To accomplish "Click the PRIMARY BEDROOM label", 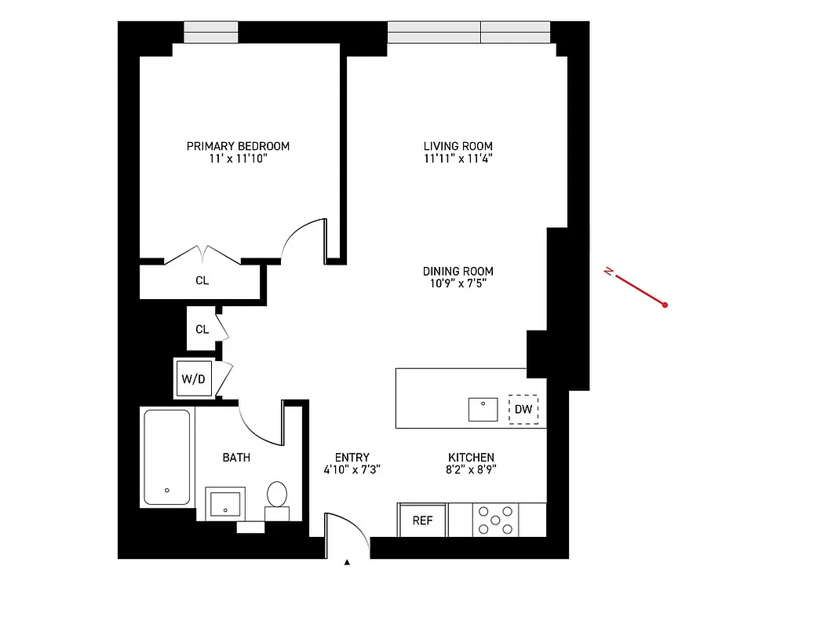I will (x=238, y=146).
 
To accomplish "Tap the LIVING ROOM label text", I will (x=458, y=146).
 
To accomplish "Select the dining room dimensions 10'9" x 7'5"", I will (x=458, y=284).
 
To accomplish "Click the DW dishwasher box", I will (x=523, y=409).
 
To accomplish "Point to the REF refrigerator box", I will (x=422, y=520).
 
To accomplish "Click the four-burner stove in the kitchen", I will (x=495, y=520).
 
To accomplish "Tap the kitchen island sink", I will (x=483, y=410).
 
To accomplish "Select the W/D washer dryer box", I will (x=193, y=379).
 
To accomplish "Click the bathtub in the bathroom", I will (x=166, y=457).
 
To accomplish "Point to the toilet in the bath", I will (x=276, y=495).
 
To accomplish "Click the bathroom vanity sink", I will (x=225, y=503).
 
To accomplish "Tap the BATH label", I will (x=236, y=457).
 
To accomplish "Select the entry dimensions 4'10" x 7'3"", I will (x=352, y=470).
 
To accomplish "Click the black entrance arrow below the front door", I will (x=346, y=562).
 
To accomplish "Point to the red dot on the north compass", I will (x=665, y=305).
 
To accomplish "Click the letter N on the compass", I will (x=608, y=272).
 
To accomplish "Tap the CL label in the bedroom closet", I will (x=202, y=280).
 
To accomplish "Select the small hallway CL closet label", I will (x=202, y=330).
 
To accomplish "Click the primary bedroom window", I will (x=211, y=31).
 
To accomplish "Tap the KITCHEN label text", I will (x=471, y=458).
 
